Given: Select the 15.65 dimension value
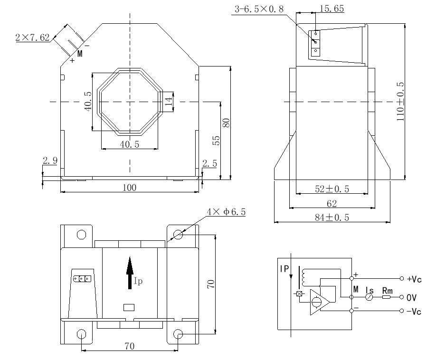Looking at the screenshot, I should tap(332, 9).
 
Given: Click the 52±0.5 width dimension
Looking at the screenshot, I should tap(332, 189).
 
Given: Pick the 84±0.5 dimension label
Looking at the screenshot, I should tap(332, 218).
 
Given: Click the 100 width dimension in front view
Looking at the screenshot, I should tap(129, 188).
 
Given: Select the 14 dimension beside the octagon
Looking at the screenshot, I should tap(168, 100).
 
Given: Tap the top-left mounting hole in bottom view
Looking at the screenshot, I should tap(81, 234).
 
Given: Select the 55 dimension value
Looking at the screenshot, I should tap(216, 140).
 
